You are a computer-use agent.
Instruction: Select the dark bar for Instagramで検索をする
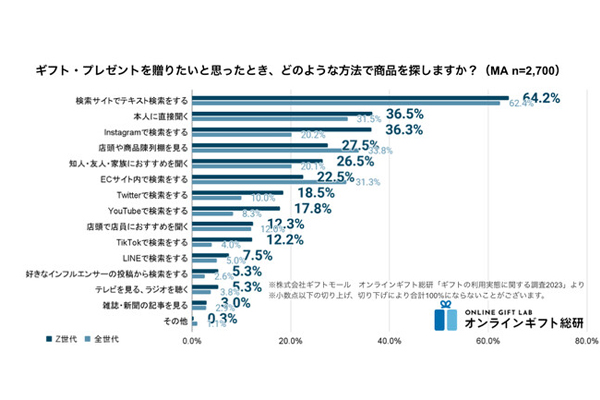click(x=281, y=129)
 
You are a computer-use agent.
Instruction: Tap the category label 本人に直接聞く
click(x=159, y=117)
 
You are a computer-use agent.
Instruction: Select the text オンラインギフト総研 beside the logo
click(x=525, y=323)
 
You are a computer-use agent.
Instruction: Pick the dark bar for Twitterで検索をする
click(x=237, y=193)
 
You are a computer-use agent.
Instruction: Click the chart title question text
click(x=300, y=71)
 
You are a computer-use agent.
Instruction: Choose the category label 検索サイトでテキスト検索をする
click(x=131, y=101)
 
